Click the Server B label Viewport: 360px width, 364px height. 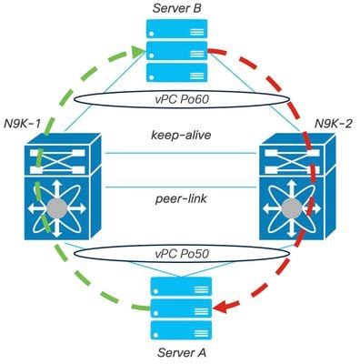coord(180,9)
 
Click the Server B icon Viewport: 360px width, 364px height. coord(180,51)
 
